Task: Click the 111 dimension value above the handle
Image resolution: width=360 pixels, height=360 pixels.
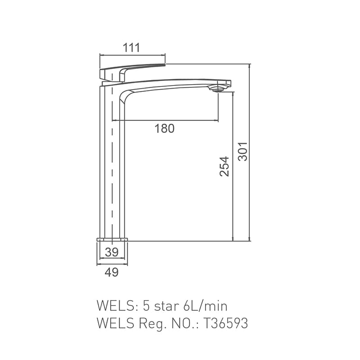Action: pos(131,48)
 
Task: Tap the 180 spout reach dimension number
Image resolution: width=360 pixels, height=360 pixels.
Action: pos(164,128)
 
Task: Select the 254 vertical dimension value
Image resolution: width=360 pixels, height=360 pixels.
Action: pos(224,166)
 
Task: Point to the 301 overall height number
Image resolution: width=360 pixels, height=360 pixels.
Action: pos(243,152)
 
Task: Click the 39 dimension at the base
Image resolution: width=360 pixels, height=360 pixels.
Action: pos(112,252)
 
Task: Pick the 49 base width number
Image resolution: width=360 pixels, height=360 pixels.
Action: pos(112,272)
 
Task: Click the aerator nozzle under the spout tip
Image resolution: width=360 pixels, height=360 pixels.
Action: pos(218,89)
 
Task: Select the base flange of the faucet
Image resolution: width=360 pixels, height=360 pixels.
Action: pos(112,239)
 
